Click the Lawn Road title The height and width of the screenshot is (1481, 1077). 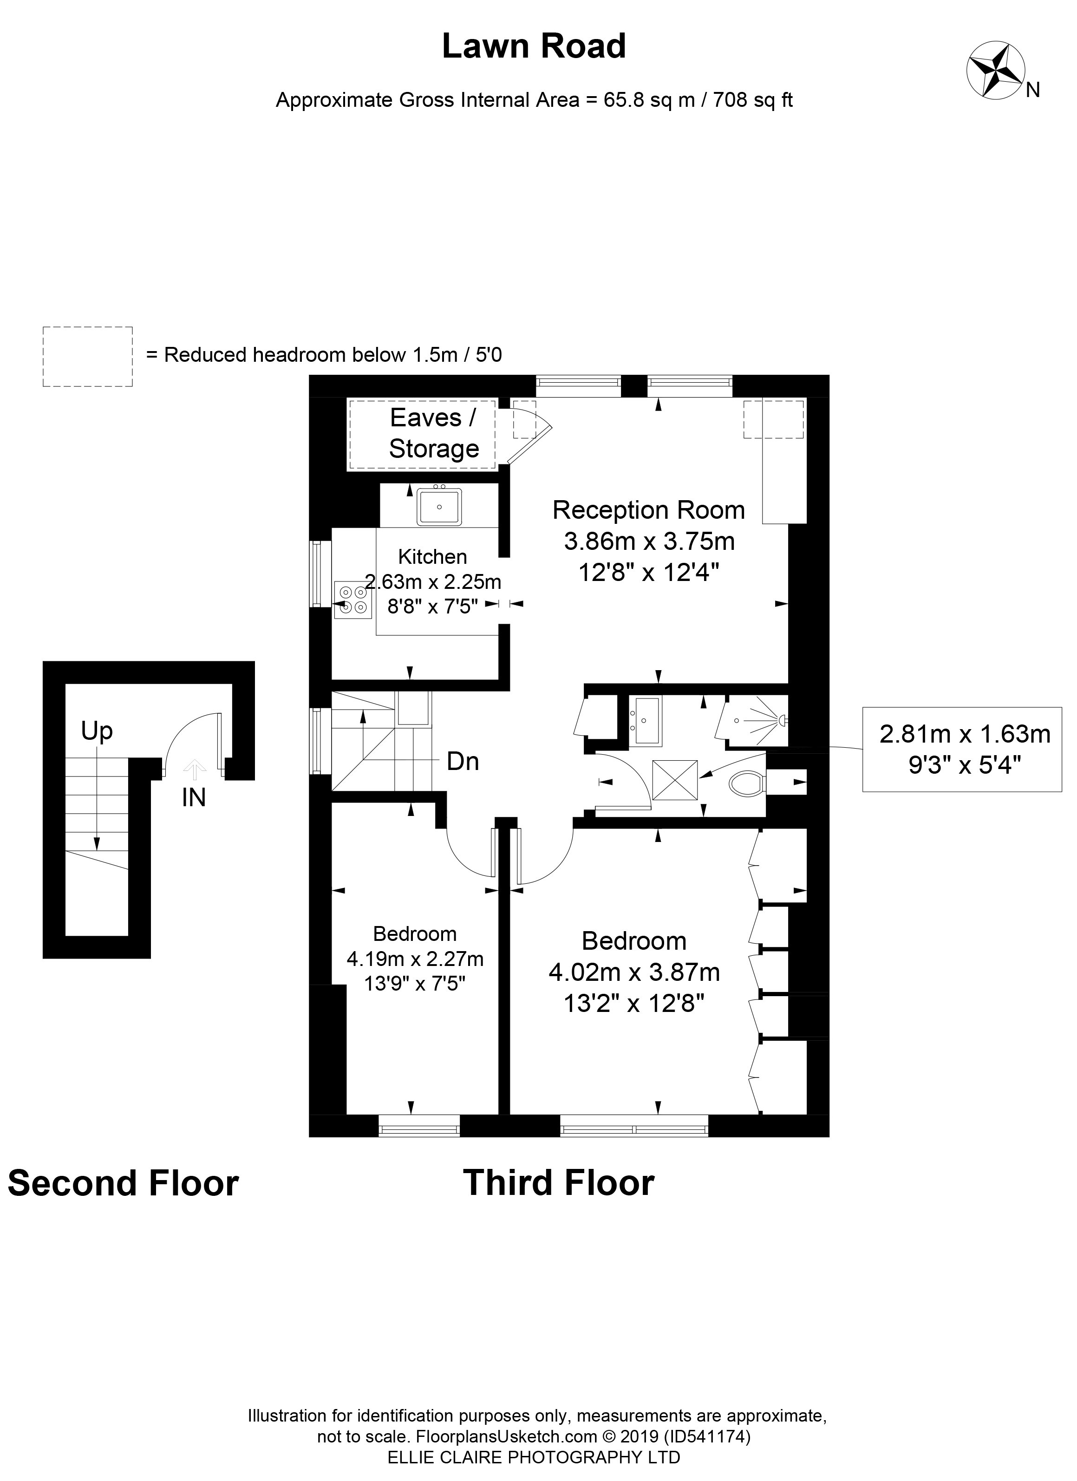[x=534, y=47]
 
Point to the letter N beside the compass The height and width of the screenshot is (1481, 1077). [x=1032, y=90]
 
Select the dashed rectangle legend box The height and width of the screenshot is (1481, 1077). [x=87, y=357]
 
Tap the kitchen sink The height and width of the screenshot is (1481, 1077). [x=439, y=506]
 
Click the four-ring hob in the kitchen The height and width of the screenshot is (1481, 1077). [x=352, y=600]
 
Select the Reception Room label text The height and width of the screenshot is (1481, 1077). [x=648, y=510]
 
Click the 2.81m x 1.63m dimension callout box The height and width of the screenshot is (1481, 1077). [x=964, y=749]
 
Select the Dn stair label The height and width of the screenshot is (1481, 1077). [x=463, y=761]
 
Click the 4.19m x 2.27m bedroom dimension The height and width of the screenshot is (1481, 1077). [x=415, y=959]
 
